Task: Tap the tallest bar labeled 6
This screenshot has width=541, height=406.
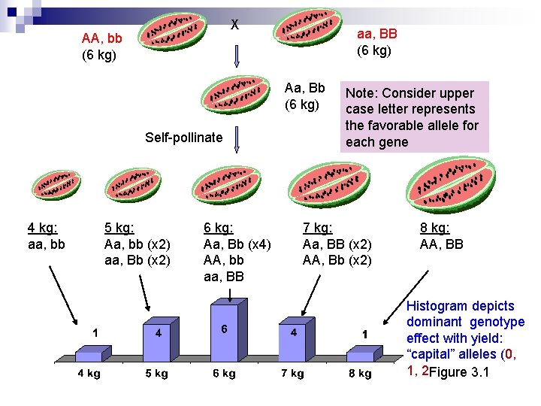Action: click(227, 332)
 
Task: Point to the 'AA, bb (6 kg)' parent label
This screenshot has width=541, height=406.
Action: click(107, 47)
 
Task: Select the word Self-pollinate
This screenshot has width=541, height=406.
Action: click(183, 137)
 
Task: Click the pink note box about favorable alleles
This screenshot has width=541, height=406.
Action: click(414, 117)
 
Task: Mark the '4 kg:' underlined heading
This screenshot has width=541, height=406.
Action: click(43, 228)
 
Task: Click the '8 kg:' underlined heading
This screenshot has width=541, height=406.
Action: click(435, 228)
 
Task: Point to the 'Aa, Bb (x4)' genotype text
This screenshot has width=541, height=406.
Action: click(237, 244)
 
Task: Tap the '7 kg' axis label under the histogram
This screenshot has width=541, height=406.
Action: click(292, 374)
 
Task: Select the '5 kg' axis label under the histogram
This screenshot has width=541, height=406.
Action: click(156, 374)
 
